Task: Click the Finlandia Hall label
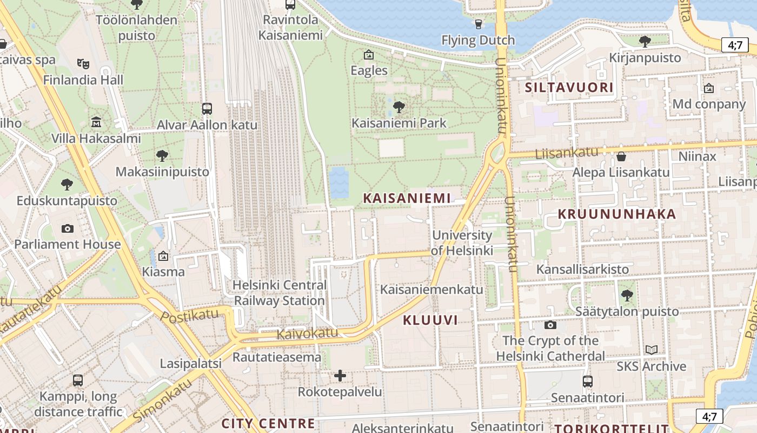point(83,80)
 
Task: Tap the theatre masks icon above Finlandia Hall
point(83,64)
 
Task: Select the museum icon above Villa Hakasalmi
point(96,122)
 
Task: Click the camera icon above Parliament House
point(68,228)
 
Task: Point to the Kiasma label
point(163,271)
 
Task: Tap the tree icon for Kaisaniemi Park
point(399,107)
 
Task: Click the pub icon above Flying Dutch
point(478,24)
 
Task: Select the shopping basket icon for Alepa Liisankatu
point(621,157)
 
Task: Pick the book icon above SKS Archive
point(652,350)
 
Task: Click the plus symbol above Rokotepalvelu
point(340,376)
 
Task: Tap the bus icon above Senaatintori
point(588,382)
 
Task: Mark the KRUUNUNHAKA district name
point(617,214)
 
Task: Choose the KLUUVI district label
point(430,320)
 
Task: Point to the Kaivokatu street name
point(307,333)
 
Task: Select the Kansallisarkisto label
point(582,269)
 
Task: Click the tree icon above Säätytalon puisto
point(627,296)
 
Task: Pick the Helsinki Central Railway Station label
point(280,293)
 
